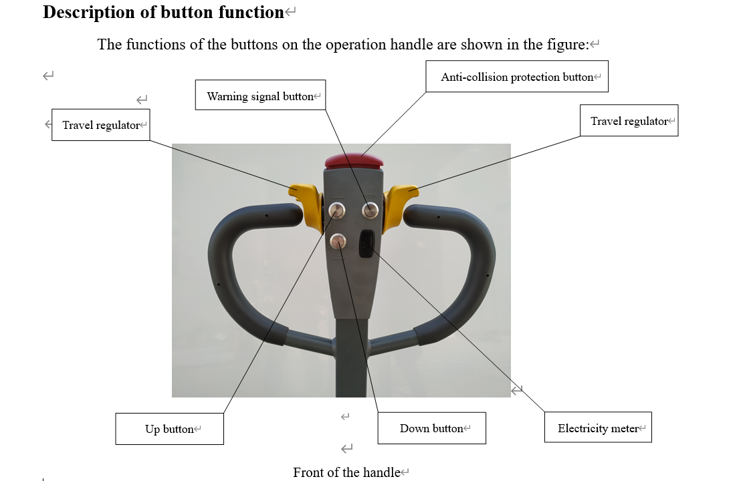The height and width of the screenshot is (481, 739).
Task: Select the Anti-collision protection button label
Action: pos(516,77)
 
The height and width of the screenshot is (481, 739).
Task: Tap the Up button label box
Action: pos(169,429)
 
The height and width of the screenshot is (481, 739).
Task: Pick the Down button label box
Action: pos(431,428)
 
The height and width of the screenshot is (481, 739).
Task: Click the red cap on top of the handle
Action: pos(353,161)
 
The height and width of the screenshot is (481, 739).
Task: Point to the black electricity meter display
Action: pos(366,244)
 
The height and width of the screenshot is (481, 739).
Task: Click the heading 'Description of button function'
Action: pos(163,12)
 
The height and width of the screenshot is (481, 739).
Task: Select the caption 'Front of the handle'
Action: pos(346,472)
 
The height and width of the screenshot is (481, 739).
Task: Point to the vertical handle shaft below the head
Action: pos(352,361)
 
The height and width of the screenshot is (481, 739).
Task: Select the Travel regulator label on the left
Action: pos(101,125)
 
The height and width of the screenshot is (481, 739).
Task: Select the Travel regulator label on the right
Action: pos(629,121)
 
